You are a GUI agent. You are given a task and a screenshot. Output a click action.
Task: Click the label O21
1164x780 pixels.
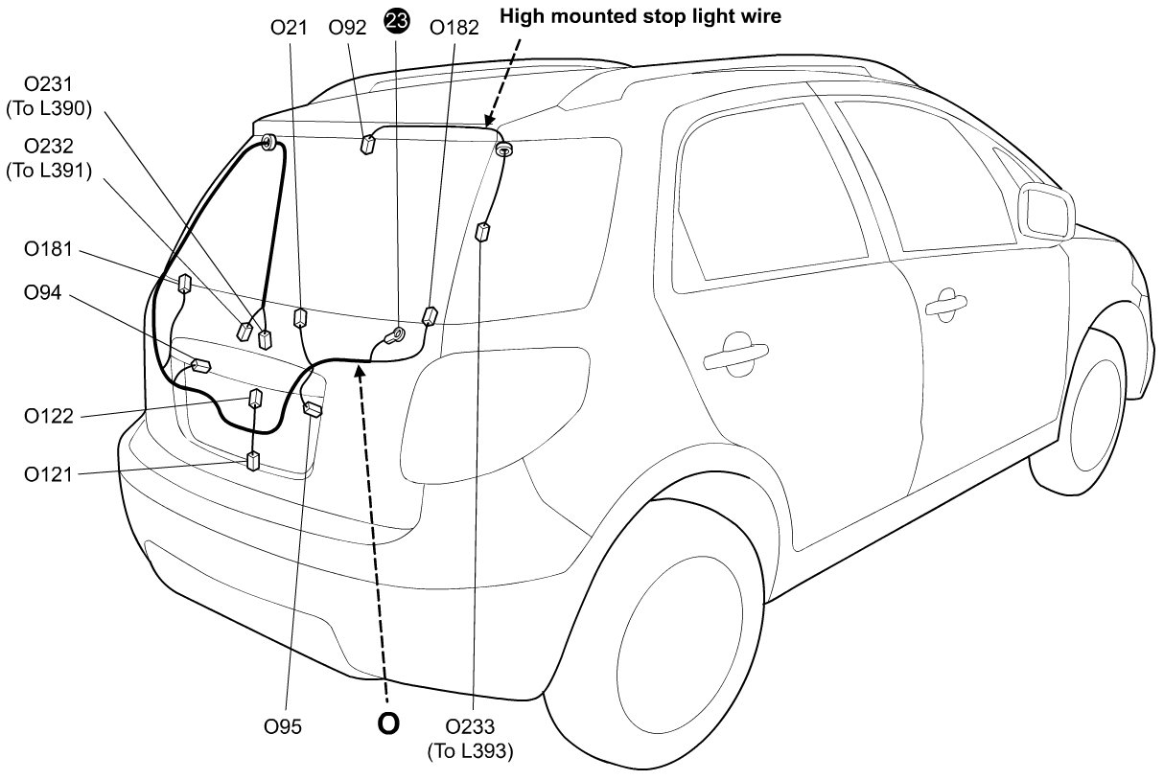(289, 28)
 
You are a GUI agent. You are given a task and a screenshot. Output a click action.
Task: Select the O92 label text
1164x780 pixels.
(347, 28)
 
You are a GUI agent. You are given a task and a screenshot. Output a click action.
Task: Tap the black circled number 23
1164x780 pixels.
(396, 22)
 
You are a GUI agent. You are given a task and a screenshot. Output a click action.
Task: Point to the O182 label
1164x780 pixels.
(454, 28)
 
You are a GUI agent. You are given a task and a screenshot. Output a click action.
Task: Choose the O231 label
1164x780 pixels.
(49, 87)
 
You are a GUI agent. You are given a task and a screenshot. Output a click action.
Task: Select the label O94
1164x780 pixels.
(42, 293)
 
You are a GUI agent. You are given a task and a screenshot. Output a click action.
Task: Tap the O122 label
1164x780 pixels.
(49, 417)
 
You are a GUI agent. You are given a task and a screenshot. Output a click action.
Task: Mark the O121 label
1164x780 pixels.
(49, 473)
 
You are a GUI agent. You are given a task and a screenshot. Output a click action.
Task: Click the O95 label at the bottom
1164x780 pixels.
(283, 727)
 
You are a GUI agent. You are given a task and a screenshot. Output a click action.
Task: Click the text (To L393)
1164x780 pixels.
(470, 751)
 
